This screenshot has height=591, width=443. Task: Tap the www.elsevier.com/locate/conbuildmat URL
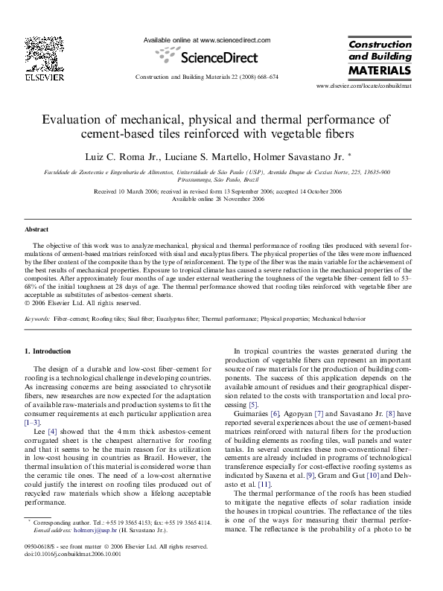(364, 87)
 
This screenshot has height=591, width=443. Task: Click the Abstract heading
(36, 230)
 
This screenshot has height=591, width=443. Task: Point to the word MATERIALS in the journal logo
(380, 71)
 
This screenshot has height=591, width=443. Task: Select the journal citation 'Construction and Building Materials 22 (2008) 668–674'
(206, 77)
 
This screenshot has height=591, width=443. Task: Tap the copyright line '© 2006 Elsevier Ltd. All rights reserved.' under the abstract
(83, 303)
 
